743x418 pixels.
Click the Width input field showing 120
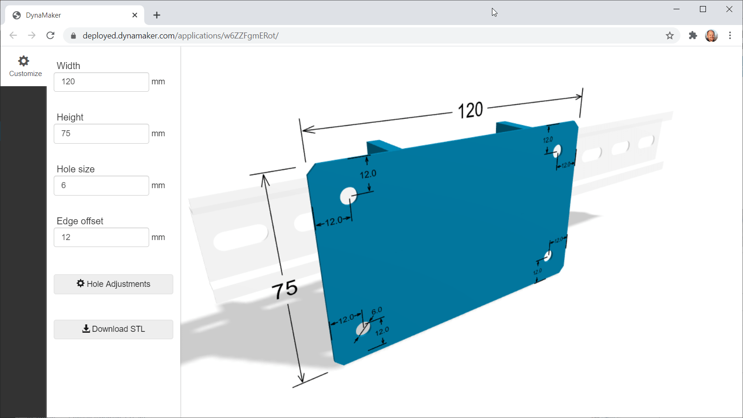click(101, 82)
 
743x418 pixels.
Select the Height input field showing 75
click(101, 134)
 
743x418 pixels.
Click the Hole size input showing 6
click(101, 186)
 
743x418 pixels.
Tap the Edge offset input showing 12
click(101, 237)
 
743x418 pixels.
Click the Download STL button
click(113, 329)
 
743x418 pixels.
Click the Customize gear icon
click(24, 61)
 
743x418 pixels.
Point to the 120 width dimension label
click(470, 110)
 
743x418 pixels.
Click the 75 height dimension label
click(284, 290)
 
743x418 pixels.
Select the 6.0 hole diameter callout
click(377, 310)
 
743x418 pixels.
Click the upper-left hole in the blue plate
click(348, 196)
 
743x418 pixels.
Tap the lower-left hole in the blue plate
click(363, 329)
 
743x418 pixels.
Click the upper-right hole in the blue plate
click(557, 150)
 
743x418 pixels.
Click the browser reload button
click(50, 36)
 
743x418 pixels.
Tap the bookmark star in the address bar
click(669, 36)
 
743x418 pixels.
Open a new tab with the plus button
click(157, 15)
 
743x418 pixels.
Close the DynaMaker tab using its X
click(135, 15)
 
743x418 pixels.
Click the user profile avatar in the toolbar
click(711, 36)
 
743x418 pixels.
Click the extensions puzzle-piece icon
click(693, 36)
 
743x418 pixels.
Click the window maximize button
click(703, 9)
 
